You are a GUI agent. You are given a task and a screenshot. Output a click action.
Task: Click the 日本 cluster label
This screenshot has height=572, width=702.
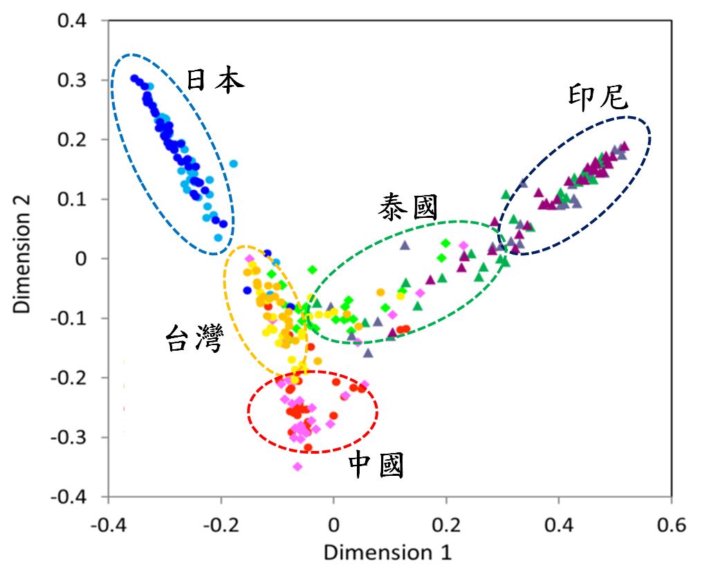coord(215,82)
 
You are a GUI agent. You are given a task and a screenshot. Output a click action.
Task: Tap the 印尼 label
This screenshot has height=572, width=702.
coord(598,98)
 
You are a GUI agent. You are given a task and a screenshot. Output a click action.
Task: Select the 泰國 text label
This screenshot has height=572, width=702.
coord(408,207)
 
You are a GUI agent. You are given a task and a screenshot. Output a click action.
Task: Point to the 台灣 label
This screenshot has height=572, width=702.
coord(194,340)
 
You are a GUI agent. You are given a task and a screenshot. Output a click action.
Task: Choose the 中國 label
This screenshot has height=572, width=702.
coord(376,467)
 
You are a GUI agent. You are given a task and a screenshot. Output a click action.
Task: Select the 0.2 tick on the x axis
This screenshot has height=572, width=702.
coord(446,524)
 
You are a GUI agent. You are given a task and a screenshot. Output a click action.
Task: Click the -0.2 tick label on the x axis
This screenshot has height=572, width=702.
coord(219,524)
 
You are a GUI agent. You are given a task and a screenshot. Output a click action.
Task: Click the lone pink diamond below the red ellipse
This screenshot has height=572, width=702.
coord(297,467)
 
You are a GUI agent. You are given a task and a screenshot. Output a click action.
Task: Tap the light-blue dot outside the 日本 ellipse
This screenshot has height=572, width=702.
coord(234,164)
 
